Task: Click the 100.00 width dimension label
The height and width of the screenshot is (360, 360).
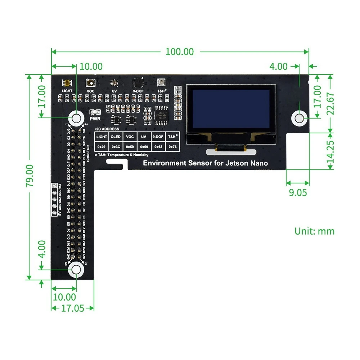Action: (x=180, y=52)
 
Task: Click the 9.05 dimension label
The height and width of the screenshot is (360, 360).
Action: (x=298, y=192)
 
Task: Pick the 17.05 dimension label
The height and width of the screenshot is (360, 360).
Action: (x=72, y=308)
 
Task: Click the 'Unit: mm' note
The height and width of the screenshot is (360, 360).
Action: (x=314, y=231)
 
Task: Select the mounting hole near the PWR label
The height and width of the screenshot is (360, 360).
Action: (x=76, y=118)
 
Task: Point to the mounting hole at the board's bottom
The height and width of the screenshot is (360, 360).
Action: (x=76, y=270)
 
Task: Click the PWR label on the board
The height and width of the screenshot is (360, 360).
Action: (x=95, y=118)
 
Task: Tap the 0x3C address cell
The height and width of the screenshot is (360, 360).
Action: (x=116, y=147)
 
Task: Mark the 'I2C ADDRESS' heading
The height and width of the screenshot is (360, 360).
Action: (x=107, y=129)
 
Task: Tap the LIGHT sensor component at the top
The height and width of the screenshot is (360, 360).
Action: (x=67, y=83)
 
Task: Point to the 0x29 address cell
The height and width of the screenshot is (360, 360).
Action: (x=102, y=147)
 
